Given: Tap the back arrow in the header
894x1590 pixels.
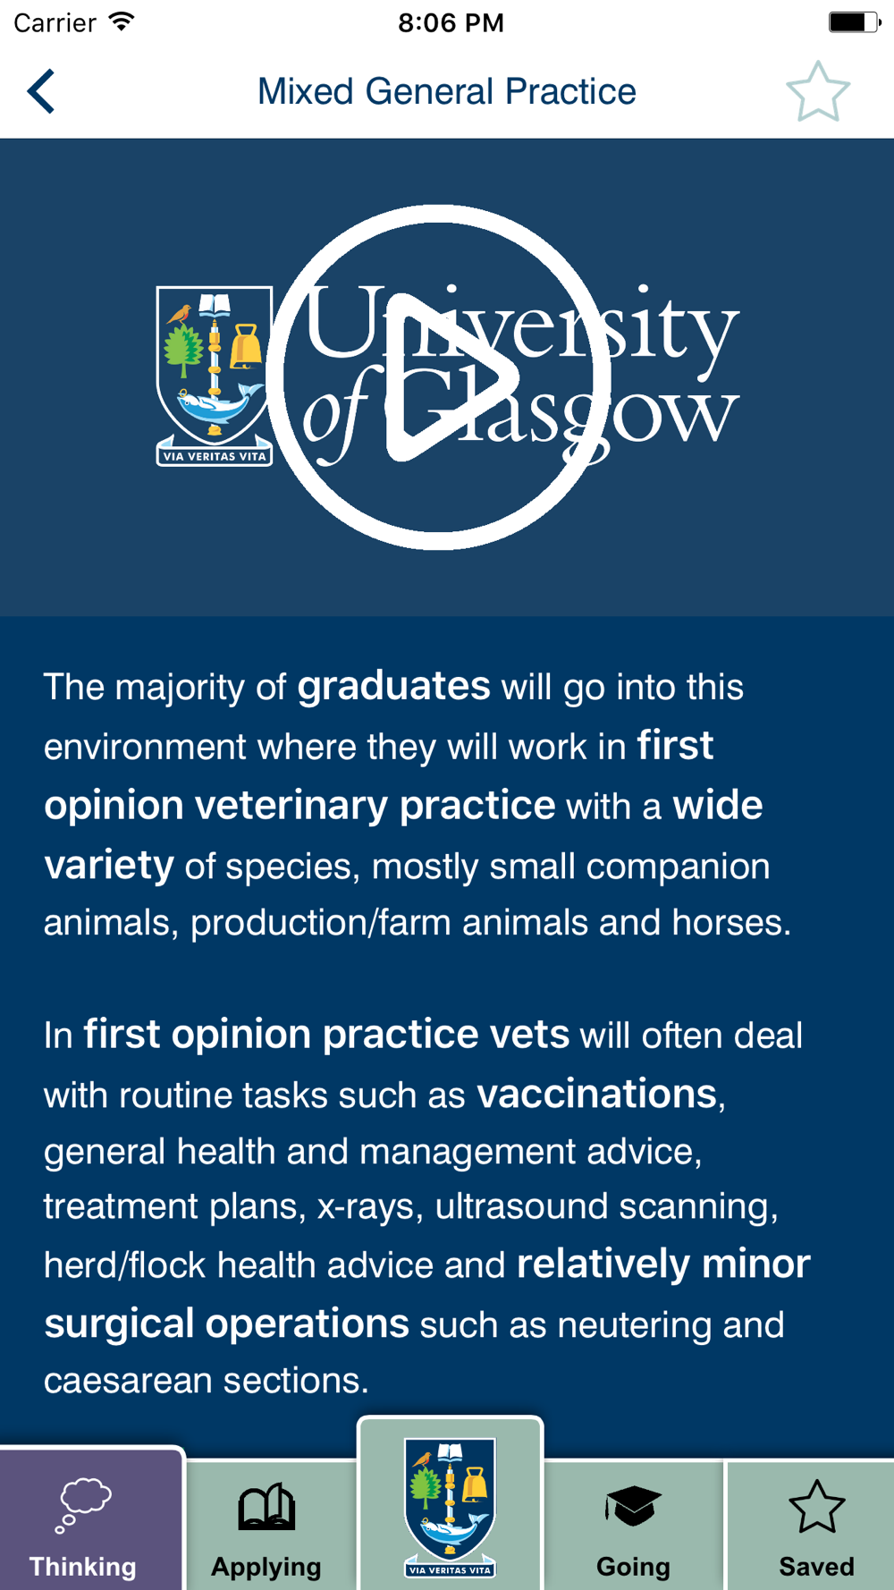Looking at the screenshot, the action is [x=41, y=91].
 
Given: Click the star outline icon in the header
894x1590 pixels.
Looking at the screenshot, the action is [x=818, y=91].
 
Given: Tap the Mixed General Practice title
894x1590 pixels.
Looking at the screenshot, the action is [x=447, y=91].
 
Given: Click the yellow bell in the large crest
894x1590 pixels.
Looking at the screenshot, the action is [x=246, y=346].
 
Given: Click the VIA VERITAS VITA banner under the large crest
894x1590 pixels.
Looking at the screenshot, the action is [x=215, y=456].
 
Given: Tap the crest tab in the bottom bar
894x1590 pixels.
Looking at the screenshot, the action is [x=450, y=1506].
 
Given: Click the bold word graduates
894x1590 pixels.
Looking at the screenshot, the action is [x=394, y=687].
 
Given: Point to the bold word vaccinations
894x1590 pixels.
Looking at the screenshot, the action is [x=597, y=1094].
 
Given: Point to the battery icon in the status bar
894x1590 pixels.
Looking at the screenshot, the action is [x=855, y=22].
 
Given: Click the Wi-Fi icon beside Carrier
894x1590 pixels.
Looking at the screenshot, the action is [x=121, y=21].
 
